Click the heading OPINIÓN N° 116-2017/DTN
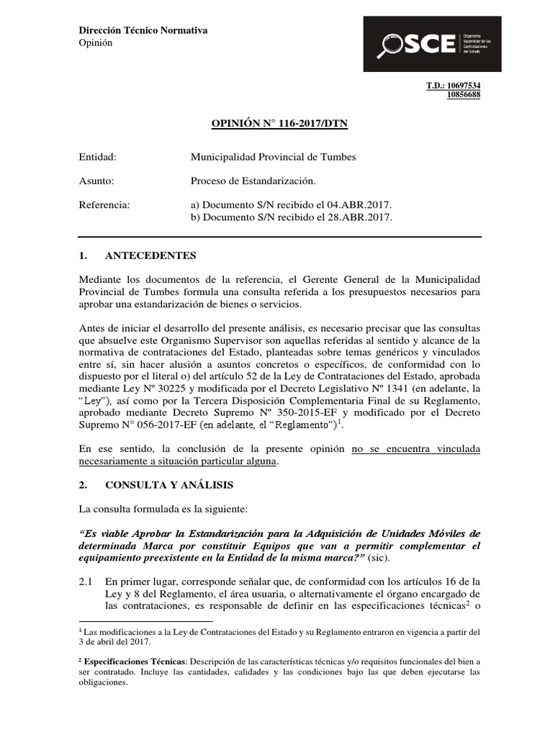(x=279, y=124)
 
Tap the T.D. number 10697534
(x=464, y=85)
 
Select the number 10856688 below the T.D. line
(x=464, y=94)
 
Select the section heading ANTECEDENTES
(x=150, y=256)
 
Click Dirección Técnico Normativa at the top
(x=143, y=30)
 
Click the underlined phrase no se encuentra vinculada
(x=415, y=450)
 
